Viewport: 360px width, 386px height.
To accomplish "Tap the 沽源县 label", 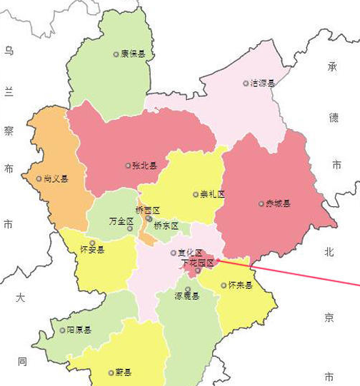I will (x=262, y=83).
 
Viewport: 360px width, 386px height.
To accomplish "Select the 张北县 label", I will (x=144, y=166).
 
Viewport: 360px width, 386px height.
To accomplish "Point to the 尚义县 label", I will (x=56, y=178).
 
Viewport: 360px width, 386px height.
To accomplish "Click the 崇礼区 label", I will (x=212, y=194).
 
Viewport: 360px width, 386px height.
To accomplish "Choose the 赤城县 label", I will (x=278, y=203).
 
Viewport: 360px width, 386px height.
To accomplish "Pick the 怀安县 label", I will (x=93, y=250).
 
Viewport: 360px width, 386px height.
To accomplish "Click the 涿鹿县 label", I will (x=187, y=296).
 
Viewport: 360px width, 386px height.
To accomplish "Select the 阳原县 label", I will (x=79, y=330).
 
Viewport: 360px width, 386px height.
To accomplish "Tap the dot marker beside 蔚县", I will (x=109, y=372).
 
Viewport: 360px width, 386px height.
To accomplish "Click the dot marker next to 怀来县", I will (x=224, y=285).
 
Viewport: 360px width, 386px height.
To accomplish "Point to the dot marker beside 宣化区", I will (x=173, y=253).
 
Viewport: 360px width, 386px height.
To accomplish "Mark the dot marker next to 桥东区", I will (x=148, y=219).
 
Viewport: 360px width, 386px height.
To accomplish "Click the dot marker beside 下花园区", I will (x=198, y=270).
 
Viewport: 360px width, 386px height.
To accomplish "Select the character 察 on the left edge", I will (x=9, y=131).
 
